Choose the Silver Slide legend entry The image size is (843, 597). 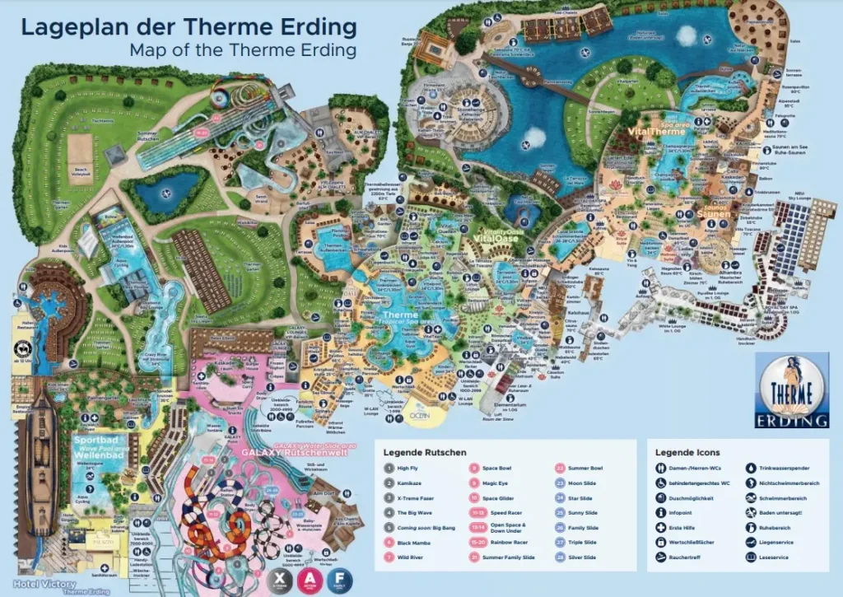599,558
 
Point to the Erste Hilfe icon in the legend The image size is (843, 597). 663,528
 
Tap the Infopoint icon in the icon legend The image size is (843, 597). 663,513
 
